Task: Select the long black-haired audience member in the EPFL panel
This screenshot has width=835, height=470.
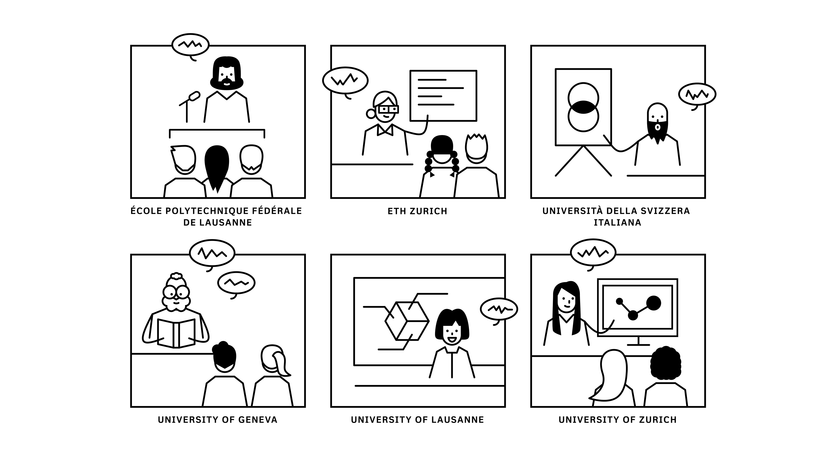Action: coord(217,165)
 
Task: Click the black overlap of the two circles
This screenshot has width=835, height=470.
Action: coord(583,107)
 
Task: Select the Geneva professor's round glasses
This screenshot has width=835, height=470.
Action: coord(176,292)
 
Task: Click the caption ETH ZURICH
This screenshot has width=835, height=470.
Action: coord(417,211)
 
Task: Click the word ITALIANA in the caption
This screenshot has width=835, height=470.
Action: coord(617,223)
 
